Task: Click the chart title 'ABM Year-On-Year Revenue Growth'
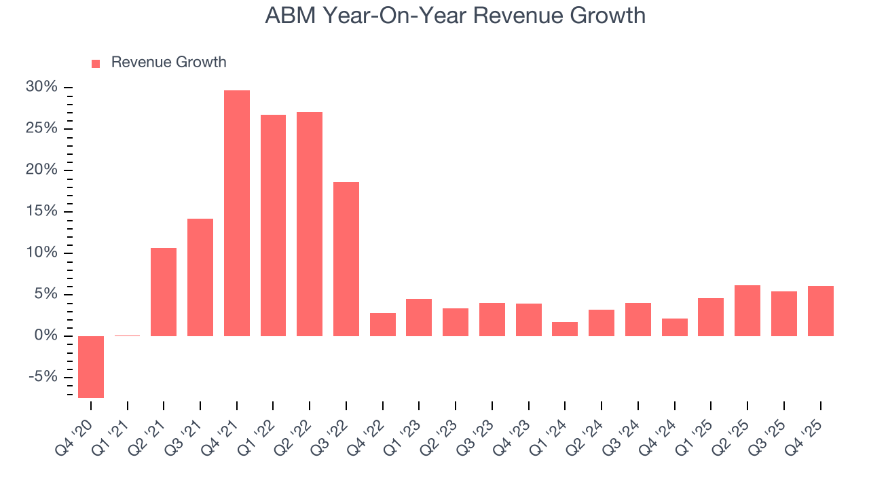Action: click(x=455, y=16)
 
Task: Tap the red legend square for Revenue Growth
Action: click(x=96, y=63)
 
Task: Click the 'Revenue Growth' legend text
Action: click(x=168, y=62)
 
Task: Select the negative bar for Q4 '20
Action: click(x=91, y=367)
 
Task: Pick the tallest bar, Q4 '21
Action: click(x=237, y=213)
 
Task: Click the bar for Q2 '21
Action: click(x=164, y=292)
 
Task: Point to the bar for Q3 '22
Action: click(x=346, y=259)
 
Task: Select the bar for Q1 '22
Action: click(x=273, y=225)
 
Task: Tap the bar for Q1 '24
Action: click(x=565, y=329)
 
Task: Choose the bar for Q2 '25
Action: click(x=747, y=310)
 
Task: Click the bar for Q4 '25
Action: click(x=820, y=311)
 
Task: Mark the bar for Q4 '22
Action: click(x=383, y=325)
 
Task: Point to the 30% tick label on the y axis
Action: click(x=41, y=87)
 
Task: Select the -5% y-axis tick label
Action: click(x=43, y=377)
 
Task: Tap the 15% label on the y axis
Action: click(x=41, y=211)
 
